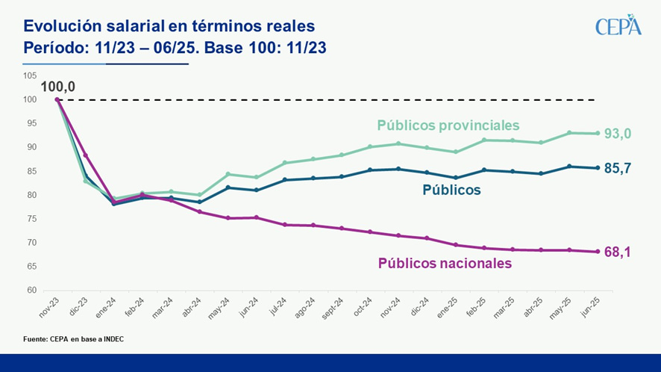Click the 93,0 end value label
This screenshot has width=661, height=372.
click(x=618, y=134)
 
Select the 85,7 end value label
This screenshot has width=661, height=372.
click(x=618, y=169)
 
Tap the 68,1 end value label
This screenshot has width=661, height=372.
click(x=618, y=252)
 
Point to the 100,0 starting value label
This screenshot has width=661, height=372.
click(x=57, y=87)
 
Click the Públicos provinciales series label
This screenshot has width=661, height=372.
click(x=448, y=125)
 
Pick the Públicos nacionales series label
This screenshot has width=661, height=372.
click(x=445, y=263)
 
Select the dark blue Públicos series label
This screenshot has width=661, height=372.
click(x=451, y=190)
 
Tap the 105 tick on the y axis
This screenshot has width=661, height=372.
click(x=30, y=75)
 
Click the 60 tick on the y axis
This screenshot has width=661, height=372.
click(x=31, y=291)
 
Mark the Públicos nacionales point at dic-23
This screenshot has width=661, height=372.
click(x=86, y=155)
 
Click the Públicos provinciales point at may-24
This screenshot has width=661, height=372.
click(x=228, y=174)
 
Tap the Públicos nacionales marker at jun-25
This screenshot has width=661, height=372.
click(x=597, y=252)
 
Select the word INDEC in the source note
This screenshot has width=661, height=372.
click(x=109, y=340)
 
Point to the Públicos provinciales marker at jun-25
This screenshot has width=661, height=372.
click(x=597, y=134)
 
